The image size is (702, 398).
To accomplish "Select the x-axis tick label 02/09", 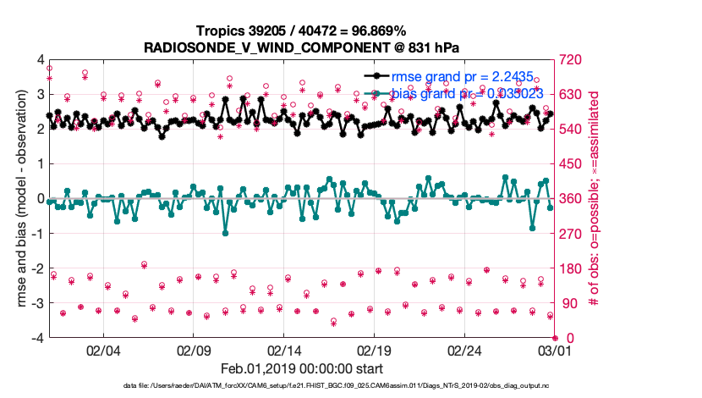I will point(194,350).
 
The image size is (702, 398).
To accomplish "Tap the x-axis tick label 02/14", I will point(285,350).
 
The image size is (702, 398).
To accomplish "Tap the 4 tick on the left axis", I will point(38,60).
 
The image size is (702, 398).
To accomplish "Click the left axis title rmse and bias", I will point(15,199).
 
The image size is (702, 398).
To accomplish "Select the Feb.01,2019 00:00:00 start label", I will point(302,368).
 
